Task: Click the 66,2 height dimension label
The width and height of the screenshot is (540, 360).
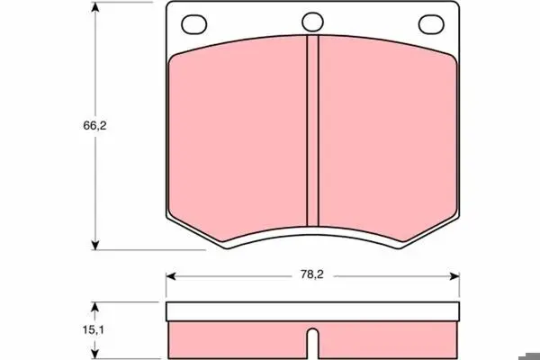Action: tap(94, 126)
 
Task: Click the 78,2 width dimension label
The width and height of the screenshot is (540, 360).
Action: tap(312, 274)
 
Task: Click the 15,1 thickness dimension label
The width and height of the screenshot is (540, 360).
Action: tap(93, 330)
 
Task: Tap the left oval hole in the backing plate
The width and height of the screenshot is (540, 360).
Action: tap(193, 24)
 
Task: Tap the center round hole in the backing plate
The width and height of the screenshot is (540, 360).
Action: tap(312, 22)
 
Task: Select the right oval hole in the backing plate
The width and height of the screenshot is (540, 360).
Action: tap(431, 24)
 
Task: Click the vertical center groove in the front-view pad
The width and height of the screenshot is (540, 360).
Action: tap(312, 130)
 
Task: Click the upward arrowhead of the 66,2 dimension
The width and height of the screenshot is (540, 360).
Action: tap(95, 7)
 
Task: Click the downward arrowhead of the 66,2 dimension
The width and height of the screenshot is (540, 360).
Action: tap(95, 245)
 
